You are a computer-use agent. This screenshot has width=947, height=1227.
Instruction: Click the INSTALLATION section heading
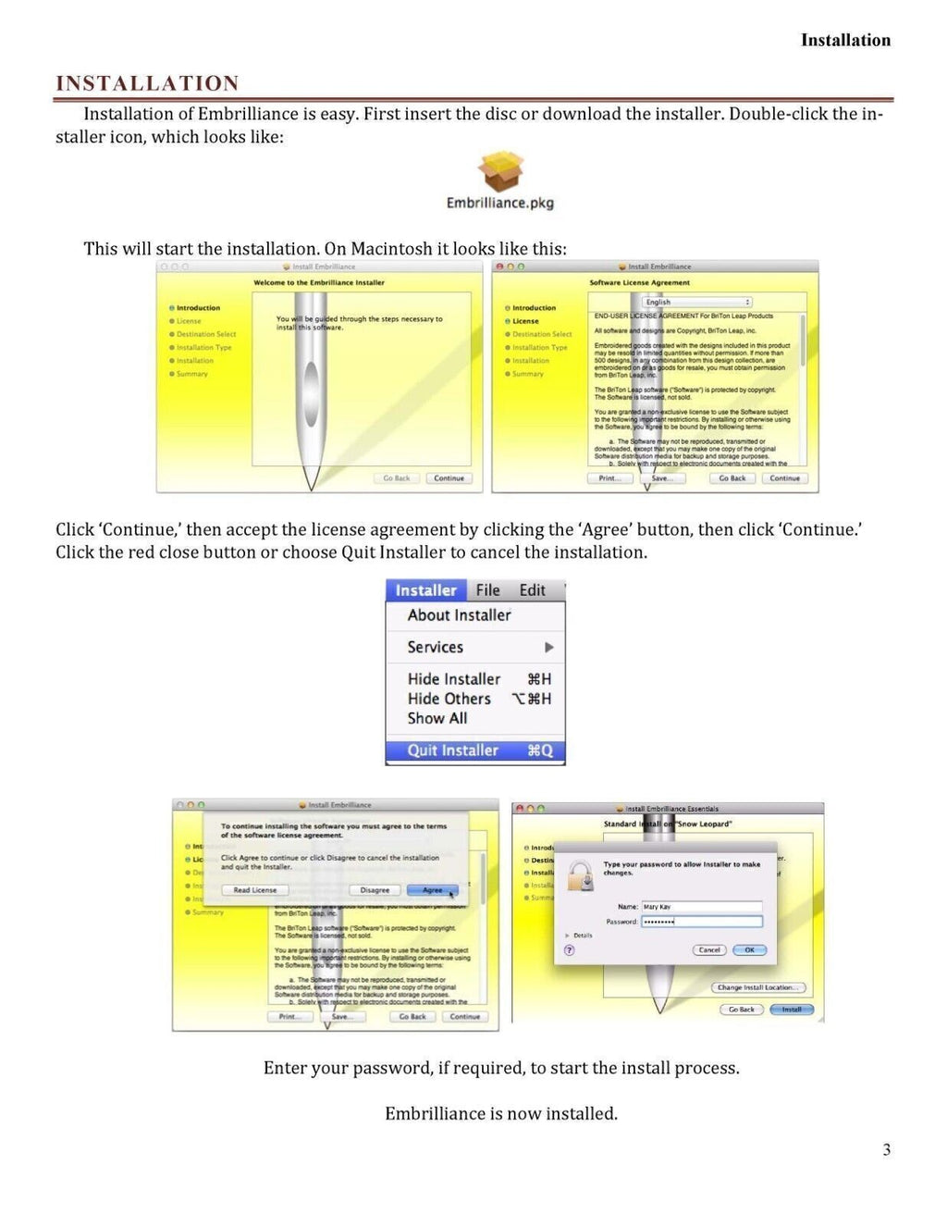[x=147, y=83]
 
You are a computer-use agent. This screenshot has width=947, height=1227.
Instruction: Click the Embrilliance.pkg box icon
[x=500, y=172]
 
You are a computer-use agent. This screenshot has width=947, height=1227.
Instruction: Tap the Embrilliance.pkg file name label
[x=499, y=203]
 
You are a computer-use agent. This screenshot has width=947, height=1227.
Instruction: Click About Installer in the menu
[x=459, y=615]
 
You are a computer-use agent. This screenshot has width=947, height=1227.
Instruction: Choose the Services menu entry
[x=436, y=648]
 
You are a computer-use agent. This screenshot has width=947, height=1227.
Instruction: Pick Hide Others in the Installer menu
[x=449, y=699]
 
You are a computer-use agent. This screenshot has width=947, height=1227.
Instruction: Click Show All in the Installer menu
[x=437, y=718]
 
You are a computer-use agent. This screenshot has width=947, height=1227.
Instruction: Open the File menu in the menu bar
[x=487, y=590]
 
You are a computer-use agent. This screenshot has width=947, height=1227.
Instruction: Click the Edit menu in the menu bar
[x=532, y=590]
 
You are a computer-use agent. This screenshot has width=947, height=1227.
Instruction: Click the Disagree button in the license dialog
[x=375, y=890]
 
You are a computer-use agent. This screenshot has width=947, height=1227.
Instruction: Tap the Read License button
[x=255, y=890]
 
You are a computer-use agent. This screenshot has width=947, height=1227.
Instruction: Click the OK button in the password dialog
[x=749, y=950]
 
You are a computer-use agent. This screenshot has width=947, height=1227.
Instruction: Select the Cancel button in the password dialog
[x=709, y=950]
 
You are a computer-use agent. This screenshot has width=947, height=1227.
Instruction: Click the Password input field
[x=701, y=922]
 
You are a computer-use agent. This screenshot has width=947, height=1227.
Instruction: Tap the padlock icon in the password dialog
[x=581, y=875]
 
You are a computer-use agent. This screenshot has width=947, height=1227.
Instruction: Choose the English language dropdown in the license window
[x=697, y=303]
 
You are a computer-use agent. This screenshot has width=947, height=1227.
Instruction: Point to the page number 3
[x=886, y=1150]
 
